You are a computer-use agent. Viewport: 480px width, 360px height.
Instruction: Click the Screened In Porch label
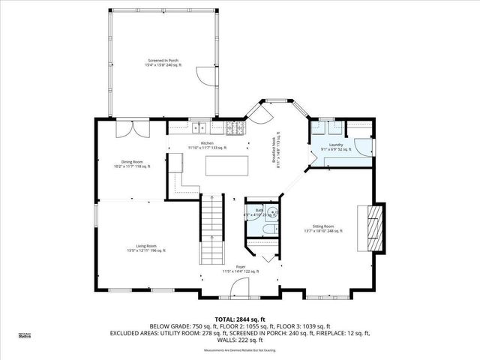click(x=162, y=63)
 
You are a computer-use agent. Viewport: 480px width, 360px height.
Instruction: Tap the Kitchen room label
click(x=206, y=145)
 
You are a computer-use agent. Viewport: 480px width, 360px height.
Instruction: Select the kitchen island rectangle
click(x=226, y=165)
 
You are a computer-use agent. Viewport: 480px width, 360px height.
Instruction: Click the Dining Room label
click(x=131, y=163)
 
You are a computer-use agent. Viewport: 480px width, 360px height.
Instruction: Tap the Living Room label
click(x=145, y=248)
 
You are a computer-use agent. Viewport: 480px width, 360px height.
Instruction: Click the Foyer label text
click(x=241, y=267)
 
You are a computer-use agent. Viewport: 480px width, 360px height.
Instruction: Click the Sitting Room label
click(x=327, y=229)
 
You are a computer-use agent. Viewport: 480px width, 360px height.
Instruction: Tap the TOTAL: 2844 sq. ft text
click(x=239, y=319)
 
